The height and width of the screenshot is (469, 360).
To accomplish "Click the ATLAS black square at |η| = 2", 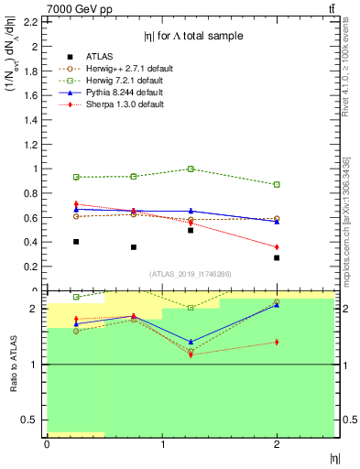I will pos(277,257).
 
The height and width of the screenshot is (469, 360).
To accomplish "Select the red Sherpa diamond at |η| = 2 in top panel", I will pos(277,247).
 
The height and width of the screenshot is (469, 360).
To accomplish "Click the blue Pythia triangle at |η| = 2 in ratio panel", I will pos(277,305).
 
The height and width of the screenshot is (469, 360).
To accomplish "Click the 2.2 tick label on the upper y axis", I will pos(33,21).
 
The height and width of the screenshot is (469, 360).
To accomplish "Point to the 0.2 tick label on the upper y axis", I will pos(33,267).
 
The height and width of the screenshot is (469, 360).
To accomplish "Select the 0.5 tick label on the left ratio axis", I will pos(33,420).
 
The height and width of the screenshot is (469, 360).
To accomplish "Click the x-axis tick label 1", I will pos(162,444).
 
